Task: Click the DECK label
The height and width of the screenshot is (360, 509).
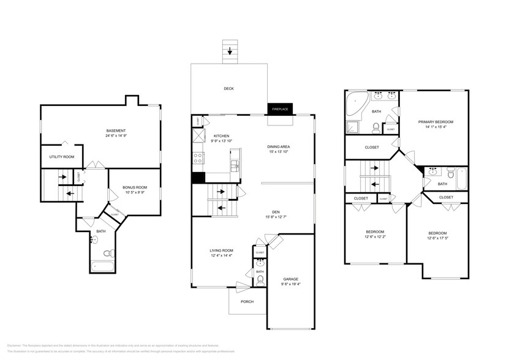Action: coord(228,89)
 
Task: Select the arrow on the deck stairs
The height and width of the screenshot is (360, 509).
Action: coord(230,51)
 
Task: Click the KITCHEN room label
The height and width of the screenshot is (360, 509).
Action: coord(221,136)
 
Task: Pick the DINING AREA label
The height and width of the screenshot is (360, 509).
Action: coord(278,146)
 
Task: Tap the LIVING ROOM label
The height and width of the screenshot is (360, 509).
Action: coord(221,250)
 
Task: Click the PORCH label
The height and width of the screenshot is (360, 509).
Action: coord(247,301)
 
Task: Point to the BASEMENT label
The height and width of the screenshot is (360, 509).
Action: coord(116,130)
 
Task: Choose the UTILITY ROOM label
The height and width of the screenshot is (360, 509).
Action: coord(62,157)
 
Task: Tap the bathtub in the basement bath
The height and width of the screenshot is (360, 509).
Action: coord(102,266)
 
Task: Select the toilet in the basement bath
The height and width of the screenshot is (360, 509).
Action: coord(107,252)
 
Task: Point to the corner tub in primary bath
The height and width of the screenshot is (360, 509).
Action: coord(355,105)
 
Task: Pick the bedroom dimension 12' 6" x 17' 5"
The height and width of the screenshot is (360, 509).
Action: coord(437,238)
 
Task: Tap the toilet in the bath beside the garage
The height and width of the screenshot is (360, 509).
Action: coord(260,280)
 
